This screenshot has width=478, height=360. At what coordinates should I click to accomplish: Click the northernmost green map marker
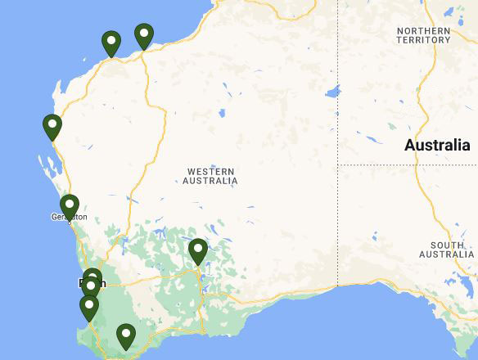click(144, 34)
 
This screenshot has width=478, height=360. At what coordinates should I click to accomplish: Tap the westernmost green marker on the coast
click(52, 126)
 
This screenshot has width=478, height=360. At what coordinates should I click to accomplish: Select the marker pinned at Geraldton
click(70, 205)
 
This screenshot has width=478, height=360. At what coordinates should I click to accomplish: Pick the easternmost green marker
click(197, 250)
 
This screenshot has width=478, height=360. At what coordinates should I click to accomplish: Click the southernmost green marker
click(125, 335)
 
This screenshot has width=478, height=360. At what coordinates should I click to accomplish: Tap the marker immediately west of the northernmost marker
click(111, 42)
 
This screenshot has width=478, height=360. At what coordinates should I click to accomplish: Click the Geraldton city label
click(69, 218)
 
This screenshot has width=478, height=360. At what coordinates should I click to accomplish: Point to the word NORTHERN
click(423, 31)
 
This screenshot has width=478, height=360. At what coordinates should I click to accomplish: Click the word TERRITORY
click(423, 40)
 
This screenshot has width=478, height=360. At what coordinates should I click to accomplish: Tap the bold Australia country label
click(436, 146)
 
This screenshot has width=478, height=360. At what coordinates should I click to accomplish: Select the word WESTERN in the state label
click(211, 172)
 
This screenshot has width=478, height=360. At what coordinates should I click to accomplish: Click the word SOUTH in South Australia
click(447, 245)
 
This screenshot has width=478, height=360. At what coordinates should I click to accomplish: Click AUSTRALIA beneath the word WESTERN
click(211, 181)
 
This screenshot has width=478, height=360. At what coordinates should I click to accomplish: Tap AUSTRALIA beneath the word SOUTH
click(447, 254)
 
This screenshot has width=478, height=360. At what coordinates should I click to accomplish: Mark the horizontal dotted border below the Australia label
click(409, 164)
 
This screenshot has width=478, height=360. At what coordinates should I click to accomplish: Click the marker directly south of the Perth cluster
click(89, 307)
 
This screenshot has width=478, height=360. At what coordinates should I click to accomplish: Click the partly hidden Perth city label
click(82, 284)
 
